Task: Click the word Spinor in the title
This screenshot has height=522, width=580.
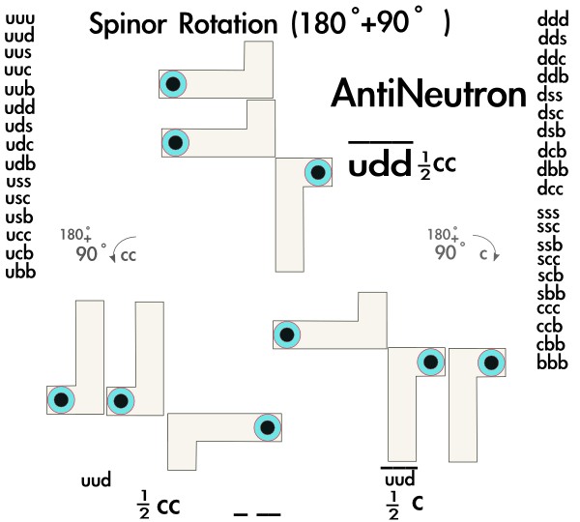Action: pos(130,25)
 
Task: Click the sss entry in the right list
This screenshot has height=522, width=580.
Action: pos(552,212)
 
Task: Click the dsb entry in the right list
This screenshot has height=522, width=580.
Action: pos(552,130)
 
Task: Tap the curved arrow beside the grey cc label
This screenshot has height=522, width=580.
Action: pos(117,254)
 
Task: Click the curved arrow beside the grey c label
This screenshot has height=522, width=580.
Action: pos(490,253)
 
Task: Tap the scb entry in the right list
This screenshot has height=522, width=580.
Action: pos(552,274)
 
